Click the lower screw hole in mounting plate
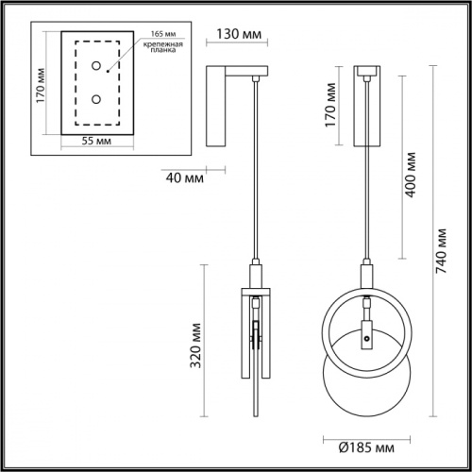(x=96, y=99)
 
